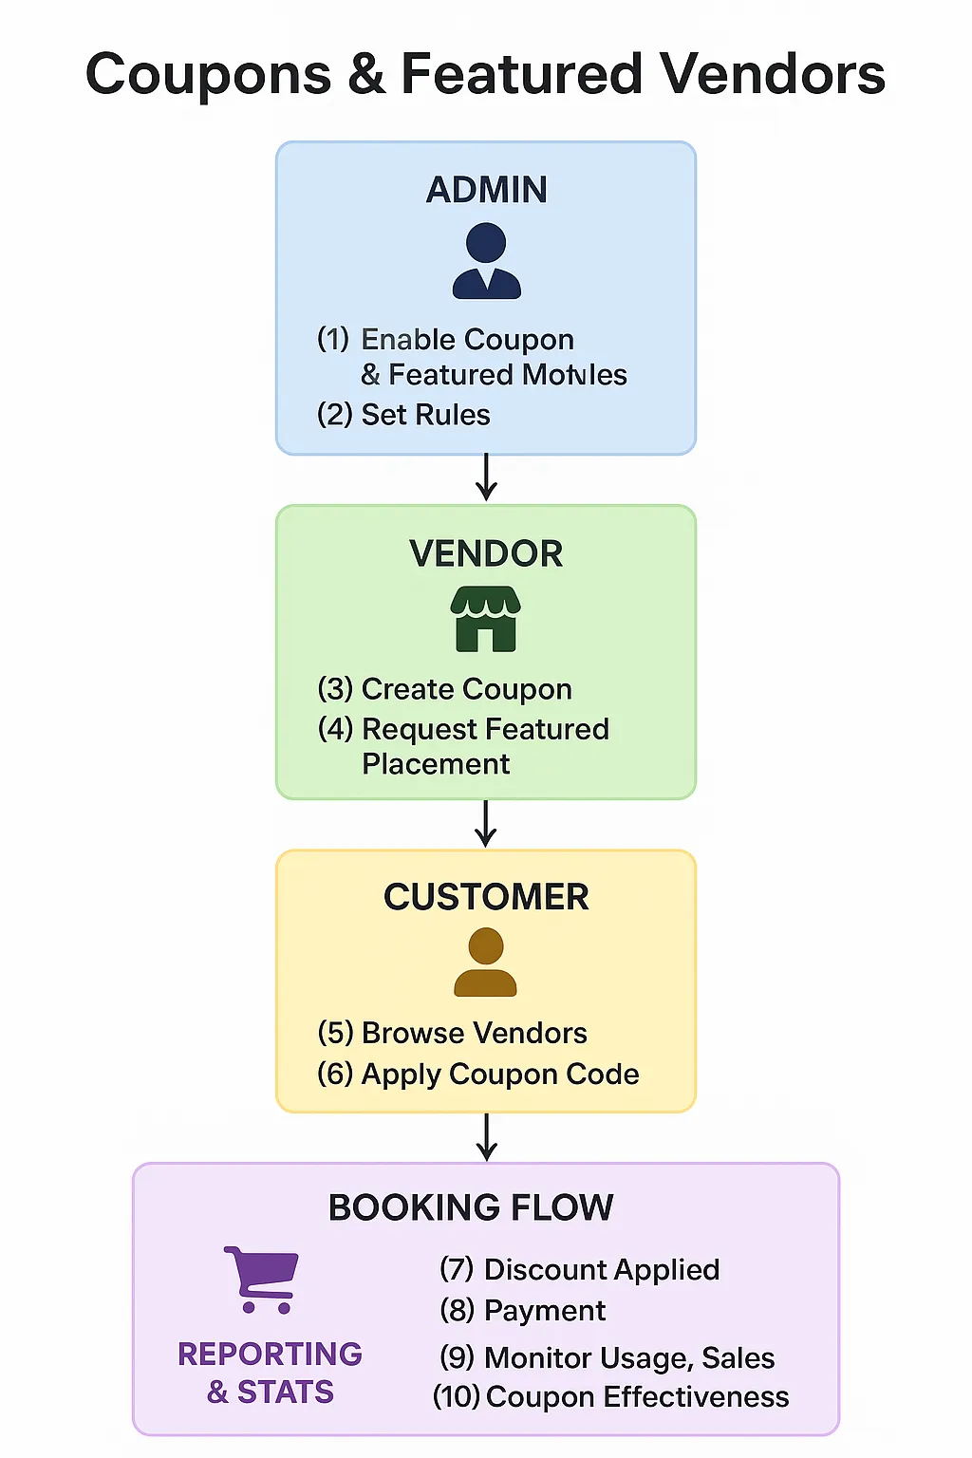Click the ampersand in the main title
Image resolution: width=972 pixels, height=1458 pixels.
click(x=365, y=75)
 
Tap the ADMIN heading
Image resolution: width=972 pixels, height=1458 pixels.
click(x=486, y=190)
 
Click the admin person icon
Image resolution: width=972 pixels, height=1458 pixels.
click(x=486, y=261)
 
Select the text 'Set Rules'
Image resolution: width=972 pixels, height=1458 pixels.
click(x=425, y=415)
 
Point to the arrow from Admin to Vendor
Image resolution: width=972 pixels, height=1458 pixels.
click(x=486, y=477)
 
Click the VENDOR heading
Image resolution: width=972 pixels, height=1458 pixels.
click(x=486, y=553)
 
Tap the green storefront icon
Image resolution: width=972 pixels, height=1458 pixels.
click(x=486, y=618)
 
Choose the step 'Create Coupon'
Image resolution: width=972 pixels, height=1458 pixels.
click(x=466, y=689)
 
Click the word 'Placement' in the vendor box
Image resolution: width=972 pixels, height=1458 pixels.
click(x=436, y=764)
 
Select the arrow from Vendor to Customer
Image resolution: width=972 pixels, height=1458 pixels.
click(x=486, y=824)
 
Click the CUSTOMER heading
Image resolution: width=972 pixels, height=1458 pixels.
click(x=486, y=897)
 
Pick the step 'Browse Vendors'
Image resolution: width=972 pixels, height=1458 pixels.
click(x=474, y=1033)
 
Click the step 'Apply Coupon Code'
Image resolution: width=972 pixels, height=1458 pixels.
click(x=499, y=1074)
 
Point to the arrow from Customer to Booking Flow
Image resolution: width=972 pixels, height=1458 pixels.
click(x=486, y=1137)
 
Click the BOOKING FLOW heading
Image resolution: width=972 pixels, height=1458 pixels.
click(x=471, y=1207)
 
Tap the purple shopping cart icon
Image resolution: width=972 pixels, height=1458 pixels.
click(x=262, y=1279)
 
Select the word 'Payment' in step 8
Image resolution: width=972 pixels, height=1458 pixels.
click(x=544, y=1311)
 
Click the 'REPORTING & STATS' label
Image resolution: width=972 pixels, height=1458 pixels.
click(x=270, y=1373)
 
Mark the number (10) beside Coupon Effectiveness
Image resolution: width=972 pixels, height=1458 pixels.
click(x=457, y=1397)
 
